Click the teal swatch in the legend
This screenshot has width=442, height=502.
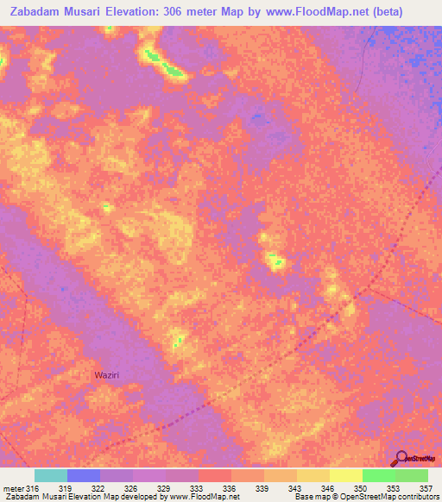(x=51, y=475)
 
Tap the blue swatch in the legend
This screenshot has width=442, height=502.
(x=84, y=475)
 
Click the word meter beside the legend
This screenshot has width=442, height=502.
(x=13, y=487)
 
